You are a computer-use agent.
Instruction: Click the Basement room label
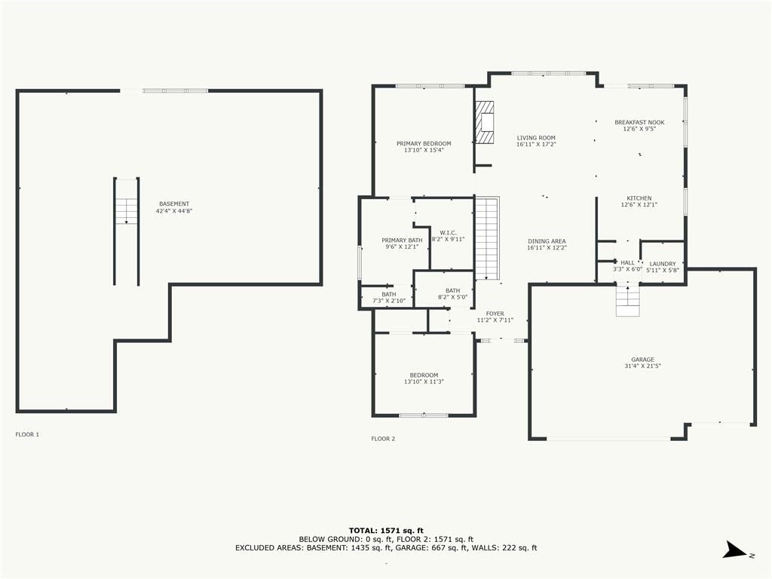pyautogui.click(x=174, y=204)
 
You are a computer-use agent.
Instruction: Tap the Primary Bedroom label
pyautogui.click(x=424, y=144)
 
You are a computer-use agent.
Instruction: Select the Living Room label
pyautogui.click(x=536, y=138)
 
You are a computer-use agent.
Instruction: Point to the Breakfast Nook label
pyautogui.click(x=639, y=122)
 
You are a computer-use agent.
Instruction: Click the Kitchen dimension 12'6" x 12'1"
pyautogui.click(x=639, y=204)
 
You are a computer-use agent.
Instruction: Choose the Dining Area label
pyautogui.click(x=547, y=241)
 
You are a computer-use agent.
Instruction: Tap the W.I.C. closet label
pyautogui.click(x=448, y=232)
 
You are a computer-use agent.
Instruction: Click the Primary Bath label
pyautogui.click(x=402, y=240)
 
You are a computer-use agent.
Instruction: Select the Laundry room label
pyautogui.click(x=663, y=264)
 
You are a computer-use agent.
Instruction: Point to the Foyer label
pyautogui.click(x=495, y=314)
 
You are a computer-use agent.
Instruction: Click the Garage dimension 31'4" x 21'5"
pyautogui.click(x=642, y=366)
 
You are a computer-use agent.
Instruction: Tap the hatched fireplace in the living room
pyautogui.click(x=485, y=123)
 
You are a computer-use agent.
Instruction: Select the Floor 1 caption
pyautogui.click(x=27, y=434)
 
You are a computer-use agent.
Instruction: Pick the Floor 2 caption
pyautogui.click(x=383, y=439)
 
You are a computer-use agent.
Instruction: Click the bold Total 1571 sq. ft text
pyautogui.click(x=386, y=530)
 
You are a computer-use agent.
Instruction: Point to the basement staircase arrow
pyautogui.click(x=127, y=211)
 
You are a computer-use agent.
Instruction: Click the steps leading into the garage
pyautogui.click(x=628, y=300)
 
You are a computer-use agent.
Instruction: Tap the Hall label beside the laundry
pyautogui.click(x=627, y=263)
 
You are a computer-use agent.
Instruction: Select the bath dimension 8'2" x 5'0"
pyautogui.click(x=452, y=297)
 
